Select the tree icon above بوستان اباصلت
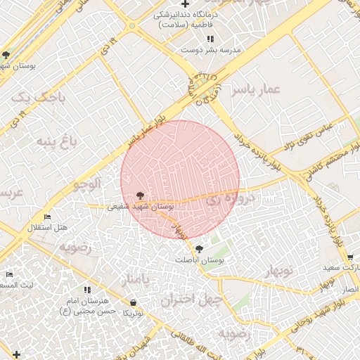pyautogui.click(x=200, y=248)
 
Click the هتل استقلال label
pyautogui.click(x=47, y=228)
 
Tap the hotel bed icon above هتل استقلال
pyautogui.click(x=47, y=217)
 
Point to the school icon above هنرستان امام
pyautogui.click(x=87, y=289)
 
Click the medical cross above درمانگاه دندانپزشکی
pyautogui.click(x=184, y=4)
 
